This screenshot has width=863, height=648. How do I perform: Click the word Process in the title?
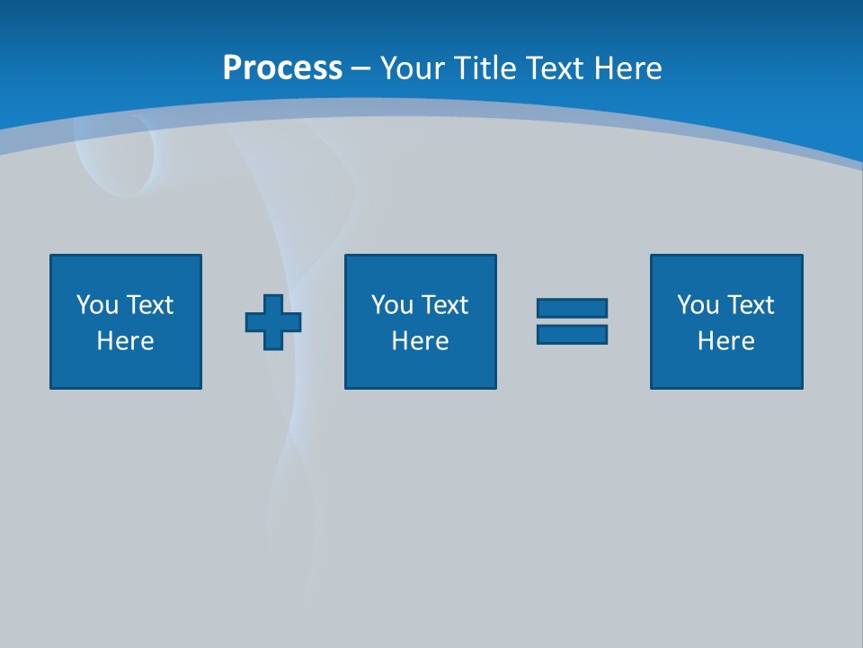[282, 68]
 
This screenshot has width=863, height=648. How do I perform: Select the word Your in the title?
[411, 68]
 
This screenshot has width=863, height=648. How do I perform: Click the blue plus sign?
[273, 322]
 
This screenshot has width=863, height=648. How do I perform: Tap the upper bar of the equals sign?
[572, 309]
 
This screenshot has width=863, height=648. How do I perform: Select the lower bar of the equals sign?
[572, 334]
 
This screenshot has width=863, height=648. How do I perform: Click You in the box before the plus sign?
[97, 305]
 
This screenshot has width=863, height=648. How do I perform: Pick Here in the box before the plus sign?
[125, 341]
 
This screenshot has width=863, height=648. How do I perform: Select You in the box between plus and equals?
[392, 305]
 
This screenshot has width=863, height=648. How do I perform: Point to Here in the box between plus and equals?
[420, 341]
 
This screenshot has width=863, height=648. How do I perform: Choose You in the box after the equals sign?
[698, 305]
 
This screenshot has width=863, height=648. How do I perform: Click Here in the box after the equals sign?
[725, 341]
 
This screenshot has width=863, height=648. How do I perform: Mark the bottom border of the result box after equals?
[726, 388]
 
